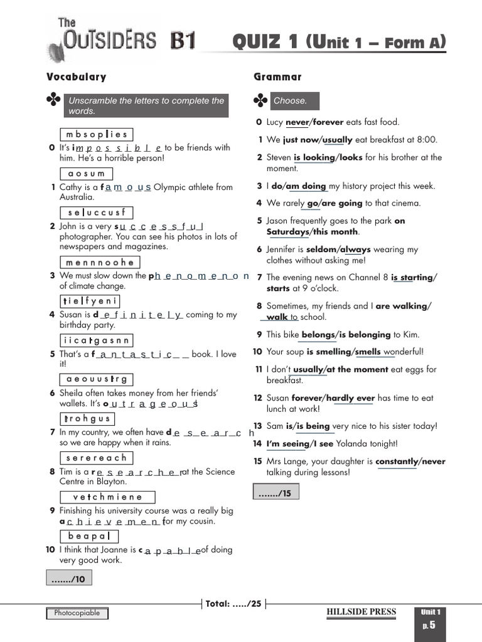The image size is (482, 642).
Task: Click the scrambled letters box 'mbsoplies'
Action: tap(96, 134)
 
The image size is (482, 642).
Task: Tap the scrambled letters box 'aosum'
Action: tap(86, 174)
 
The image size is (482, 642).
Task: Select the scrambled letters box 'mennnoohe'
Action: tap(99, 263)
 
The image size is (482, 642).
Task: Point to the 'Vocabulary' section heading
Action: tap(76, 77)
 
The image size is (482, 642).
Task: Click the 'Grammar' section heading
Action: tap(277, 77)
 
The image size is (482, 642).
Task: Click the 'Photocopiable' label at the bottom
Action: tap(77, 613)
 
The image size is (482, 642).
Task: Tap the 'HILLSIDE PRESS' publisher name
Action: tap(361, 613)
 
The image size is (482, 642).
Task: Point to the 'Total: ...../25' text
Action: tap(233, 604)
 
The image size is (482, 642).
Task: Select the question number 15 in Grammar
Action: tap(257, 461)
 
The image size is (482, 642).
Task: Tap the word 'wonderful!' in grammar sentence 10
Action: tap(404, 352)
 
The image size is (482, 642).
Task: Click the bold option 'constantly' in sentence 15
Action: tap(396, 461)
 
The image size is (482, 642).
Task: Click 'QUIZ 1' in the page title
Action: tap(267, 42)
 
